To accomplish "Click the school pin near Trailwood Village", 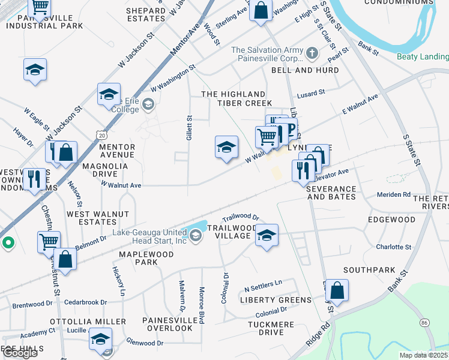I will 267,235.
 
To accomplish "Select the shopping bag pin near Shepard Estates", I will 261,10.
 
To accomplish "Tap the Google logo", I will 20,353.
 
